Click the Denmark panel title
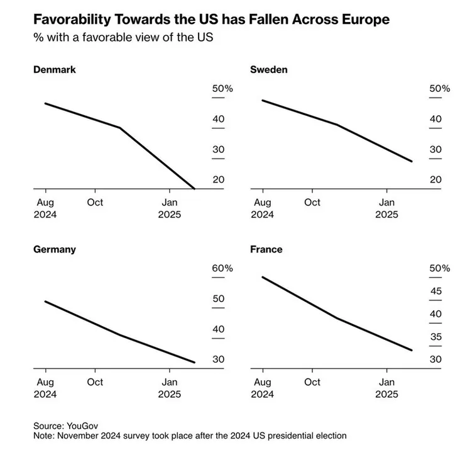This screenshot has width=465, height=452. [54, 69]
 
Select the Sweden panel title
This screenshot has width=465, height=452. [269, 69]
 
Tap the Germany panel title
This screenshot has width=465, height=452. [54, 249]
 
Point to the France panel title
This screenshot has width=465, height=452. [266, 249]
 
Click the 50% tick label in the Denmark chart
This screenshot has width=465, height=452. [222, 89]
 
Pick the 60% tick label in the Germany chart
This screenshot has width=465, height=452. [222, 268]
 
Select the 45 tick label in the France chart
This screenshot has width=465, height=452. [436, 291]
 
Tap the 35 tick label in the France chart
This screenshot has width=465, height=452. [436, 337]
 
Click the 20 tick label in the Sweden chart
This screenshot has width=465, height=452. [436, 179]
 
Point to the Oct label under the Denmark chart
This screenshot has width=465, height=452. [96, 202]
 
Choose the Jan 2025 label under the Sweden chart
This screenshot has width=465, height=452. [387, 208]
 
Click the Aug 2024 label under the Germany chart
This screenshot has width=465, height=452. [46, 388]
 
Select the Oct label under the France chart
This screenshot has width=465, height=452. [312, 382]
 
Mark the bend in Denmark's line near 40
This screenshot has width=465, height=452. [119, 128]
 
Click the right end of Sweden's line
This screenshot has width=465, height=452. [412, 162]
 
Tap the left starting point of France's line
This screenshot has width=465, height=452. [262, 277]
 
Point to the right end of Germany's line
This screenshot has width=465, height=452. [194, 363]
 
